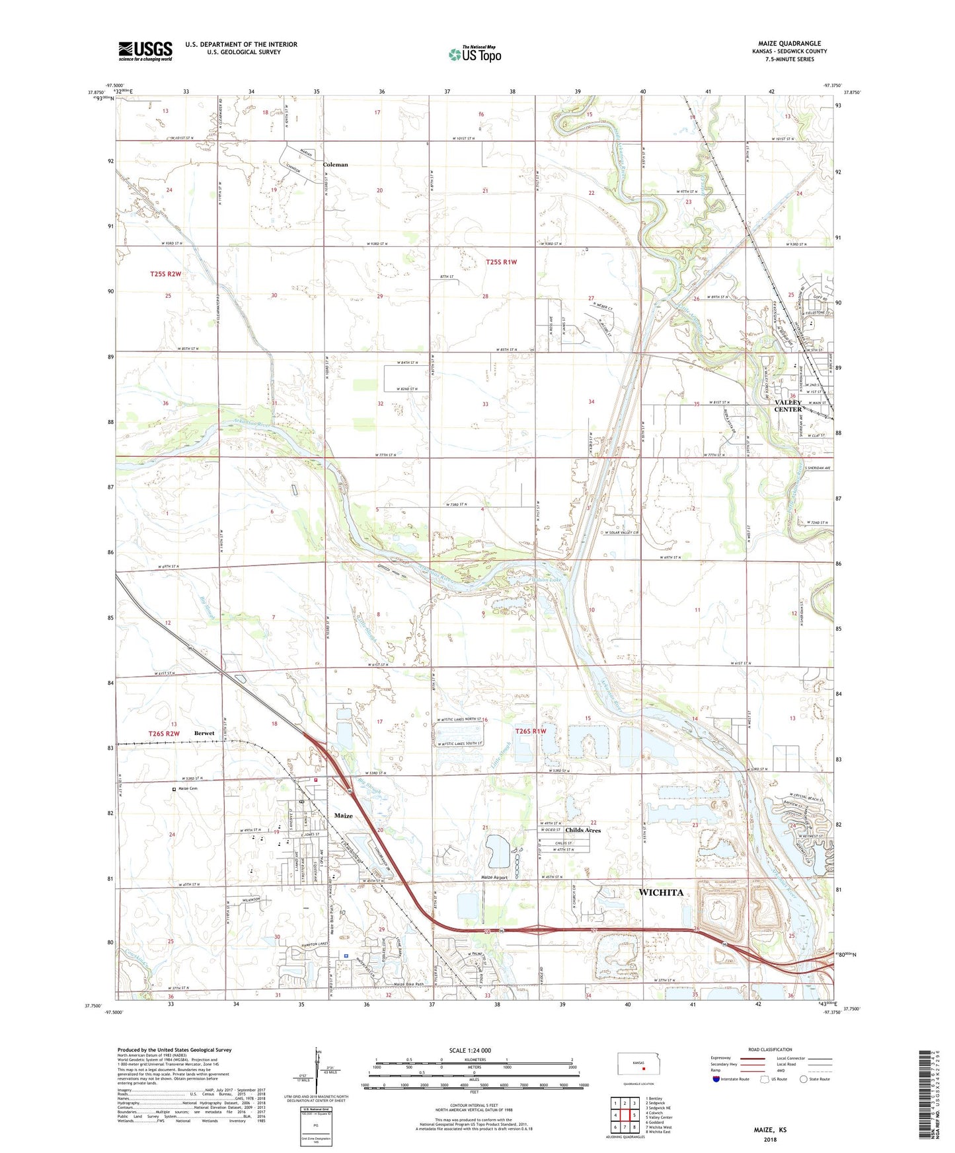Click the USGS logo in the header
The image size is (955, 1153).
coord(145,51)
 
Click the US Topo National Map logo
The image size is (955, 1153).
coord(475,54)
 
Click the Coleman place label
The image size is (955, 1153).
coord(335,164)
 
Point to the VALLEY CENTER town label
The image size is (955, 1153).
coord(788,406)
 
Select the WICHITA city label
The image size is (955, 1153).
coord(660,892)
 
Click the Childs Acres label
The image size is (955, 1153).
coord(583,830)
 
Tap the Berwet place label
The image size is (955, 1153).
coord(204,733)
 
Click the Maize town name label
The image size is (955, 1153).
coord(343,816)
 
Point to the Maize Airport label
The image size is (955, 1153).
coord(494,878)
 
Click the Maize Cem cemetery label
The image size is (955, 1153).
coord(188,788)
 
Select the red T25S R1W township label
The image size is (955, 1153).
coord(501,262)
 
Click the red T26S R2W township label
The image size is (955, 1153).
coord(164,734)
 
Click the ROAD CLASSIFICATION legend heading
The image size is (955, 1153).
coord(770,1049)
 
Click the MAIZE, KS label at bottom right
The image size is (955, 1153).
coord(770,1130)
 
